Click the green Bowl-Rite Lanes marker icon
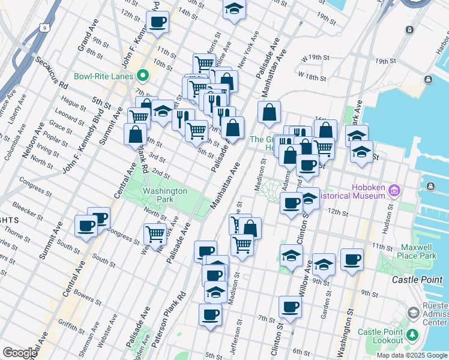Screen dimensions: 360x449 [143, 76]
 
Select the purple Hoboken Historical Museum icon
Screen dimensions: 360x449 [394, 191]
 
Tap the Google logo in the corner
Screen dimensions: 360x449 [19, 353]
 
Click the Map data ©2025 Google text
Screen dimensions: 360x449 [412, 355]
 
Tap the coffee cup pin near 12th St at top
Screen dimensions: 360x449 [158, 23]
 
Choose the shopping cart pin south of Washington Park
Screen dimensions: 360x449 [155, 233]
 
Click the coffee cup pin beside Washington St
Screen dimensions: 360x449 [352, 260]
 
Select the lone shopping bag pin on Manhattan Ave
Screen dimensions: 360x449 [270, 111]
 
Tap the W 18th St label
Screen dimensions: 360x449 [313, 77]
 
